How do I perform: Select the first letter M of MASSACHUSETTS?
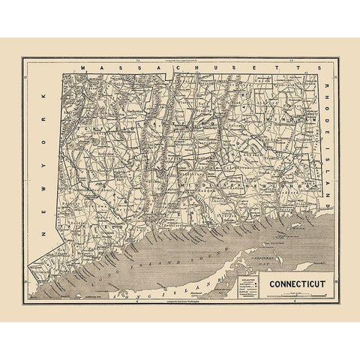tap(84, 67)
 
